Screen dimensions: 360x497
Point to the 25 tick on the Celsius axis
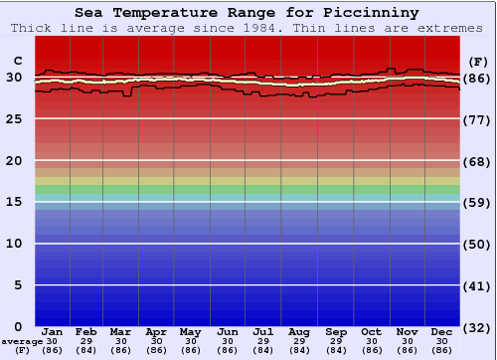click(x=14, y=118)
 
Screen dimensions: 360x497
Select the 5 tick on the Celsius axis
click(x=18, y=284)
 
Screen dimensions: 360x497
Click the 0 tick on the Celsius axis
click(x=18, y=326)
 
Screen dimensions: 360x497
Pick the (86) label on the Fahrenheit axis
click(x=478, y=78)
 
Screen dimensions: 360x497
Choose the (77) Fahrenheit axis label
click(x=478, y=119)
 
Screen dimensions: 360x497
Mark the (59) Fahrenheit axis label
click(x=478, y=203)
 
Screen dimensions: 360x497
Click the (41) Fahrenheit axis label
click(x=478, y=286)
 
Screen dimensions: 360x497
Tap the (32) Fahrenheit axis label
click(x=478, y=327)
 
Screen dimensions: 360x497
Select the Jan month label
click(x=53, y=331)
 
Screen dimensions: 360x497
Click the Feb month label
click(x=86, y=331)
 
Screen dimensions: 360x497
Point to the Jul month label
click(x=263, y=331)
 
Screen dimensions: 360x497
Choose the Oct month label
click(x=371, y=331)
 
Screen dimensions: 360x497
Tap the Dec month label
click(x=442, y=331)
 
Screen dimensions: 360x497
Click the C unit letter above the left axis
click(x=15, y=60)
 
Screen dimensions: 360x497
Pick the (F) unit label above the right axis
click(x=478, y=60)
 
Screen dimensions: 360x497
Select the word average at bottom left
click(x=22, y=341)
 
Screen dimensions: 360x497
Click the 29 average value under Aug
click(x=299, y=341)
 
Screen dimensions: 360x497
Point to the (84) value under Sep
click(x=335, y=350)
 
